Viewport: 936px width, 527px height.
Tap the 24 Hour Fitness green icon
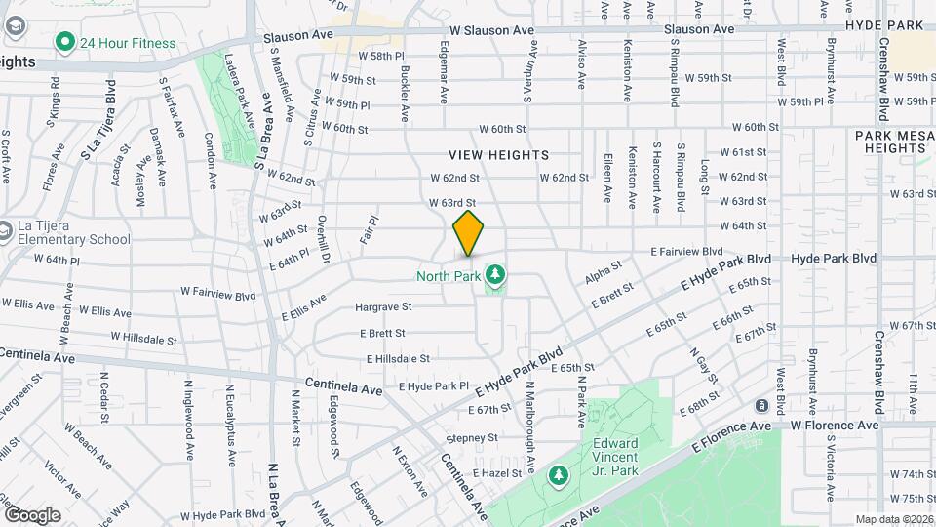[65, 42]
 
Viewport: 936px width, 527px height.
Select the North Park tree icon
[496, 275]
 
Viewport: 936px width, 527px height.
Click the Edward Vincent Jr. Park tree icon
[558, 475]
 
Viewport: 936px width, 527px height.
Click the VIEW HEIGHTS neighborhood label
[499, 155]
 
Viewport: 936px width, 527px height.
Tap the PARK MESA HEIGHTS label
[891, 142]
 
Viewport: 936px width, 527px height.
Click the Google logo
[32, 514]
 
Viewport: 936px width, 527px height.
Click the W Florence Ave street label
[835, 426]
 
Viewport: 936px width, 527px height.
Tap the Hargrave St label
[383, 306]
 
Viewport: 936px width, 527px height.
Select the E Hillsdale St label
[398, 359]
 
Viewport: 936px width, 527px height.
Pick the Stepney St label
[473, 438]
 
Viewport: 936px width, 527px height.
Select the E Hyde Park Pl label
[434, 385]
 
